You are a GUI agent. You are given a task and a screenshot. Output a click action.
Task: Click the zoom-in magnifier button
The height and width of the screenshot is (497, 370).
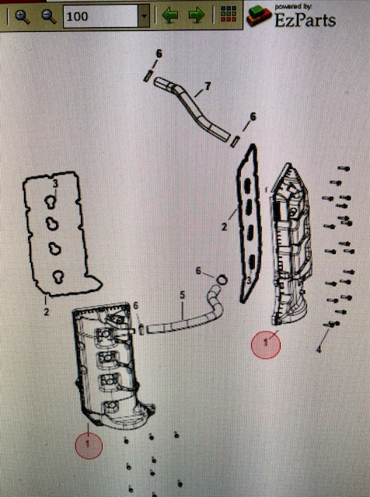pos(23,17)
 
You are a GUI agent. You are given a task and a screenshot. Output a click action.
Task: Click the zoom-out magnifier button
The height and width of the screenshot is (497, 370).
pos(49,17)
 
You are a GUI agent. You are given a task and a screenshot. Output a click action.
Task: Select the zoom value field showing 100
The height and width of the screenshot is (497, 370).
pos(101,16)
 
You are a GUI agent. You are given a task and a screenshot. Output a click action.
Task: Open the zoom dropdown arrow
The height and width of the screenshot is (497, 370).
pos(145,16)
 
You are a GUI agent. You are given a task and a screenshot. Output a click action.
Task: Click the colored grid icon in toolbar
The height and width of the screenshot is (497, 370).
pos(229,14)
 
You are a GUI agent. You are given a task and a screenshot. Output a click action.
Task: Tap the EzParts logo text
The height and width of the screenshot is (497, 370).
pos(305,19)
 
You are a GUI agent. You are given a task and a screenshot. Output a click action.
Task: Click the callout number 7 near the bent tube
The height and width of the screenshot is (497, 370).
pos(208,85)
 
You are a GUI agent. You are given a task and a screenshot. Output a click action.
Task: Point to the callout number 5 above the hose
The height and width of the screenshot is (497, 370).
pos(182,295)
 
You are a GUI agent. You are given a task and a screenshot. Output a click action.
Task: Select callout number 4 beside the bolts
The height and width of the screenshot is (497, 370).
pos(319,349)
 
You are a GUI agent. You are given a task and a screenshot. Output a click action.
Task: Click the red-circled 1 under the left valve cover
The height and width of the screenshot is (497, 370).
pos(89,445)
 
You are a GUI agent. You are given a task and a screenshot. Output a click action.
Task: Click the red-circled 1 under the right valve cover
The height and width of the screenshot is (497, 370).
pos(266,344)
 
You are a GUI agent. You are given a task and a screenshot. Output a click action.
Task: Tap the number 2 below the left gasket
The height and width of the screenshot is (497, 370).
pos(47,312)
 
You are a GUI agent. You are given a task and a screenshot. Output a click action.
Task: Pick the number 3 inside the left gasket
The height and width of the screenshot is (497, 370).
pos(55,184)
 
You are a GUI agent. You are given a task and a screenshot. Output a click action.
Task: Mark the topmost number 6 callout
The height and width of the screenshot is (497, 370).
pos(159,54)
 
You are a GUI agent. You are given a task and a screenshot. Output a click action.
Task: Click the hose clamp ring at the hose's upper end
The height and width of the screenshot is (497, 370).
pos(222,280)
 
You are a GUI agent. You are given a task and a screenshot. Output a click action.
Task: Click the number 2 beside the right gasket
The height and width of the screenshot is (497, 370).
pos(225,227)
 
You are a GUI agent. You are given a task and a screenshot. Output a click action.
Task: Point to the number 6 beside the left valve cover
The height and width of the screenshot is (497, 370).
pos(136,305)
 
